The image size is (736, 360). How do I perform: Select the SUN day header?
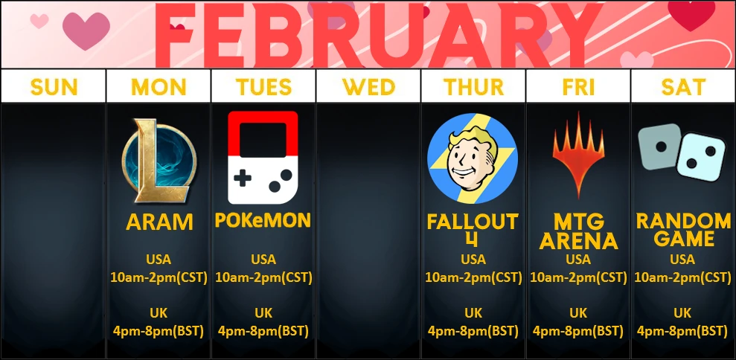pyautogui.click(x=54, y=87)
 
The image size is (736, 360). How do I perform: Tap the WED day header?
pyautogui.click(x=368, y=87)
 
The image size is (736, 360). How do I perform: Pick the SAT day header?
pyautogui.click(x=683, y=87)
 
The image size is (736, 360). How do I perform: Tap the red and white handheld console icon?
pyautogui.click(x=263, y=158)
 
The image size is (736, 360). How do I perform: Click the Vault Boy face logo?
pyautogui.click(x=473, y=158)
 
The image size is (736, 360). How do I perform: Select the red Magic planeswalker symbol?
pyautogui.click(x=578, y=155)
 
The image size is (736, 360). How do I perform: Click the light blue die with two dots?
pyautogui.click(x=701, y=157)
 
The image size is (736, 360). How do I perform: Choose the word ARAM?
pyautogui.click(x=159, y=222)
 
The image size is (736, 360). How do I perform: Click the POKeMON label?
pyautogui.click(x=263, y=220)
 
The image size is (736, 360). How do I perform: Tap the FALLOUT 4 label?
pyautogui.click(x=473, y=230)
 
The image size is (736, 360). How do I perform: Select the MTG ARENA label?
pyautogui.click(x=578, y=232)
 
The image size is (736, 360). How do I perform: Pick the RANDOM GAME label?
pyautogui.click(x=683, y=230)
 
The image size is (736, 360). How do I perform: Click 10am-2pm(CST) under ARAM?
pyautogui.click(x=159, y=277)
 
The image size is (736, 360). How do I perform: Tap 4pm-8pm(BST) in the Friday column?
pyautogui.click(x=578, y=331)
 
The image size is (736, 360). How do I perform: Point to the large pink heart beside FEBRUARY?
pyautogui.click(x=86, y=30)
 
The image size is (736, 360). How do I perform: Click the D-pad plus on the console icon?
pyautogui.click(x=242, y=179)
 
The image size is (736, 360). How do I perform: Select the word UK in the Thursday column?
pyautogui.click(x=473, y=313)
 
